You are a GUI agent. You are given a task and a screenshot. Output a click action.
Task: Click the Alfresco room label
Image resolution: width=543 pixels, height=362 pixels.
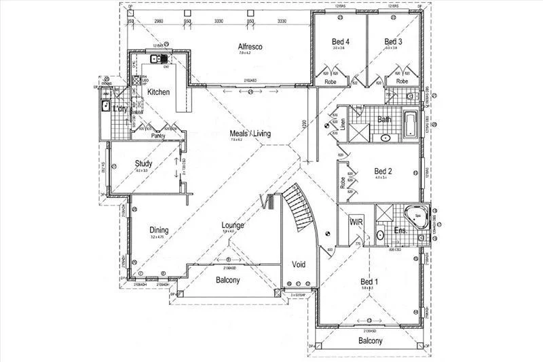(250, 47)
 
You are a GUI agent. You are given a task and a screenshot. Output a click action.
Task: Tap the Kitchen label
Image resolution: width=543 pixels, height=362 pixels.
(158, 92)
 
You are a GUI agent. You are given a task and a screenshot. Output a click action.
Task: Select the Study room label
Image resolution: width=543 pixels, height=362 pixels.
(143, 163)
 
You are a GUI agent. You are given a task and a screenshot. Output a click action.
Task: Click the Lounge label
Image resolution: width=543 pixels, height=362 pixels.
(233, 225)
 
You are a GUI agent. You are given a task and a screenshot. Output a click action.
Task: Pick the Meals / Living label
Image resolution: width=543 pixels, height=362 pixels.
(250, 134)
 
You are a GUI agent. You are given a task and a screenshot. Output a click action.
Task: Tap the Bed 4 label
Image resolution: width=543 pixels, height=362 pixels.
(339, 41)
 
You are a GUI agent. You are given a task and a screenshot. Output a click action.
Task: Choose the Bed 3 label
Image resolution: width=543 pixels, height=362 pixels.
(394, 41)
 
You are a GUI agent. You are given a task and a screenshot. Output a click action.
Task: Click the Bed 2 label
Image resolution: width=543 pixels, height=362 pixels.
(383, 171)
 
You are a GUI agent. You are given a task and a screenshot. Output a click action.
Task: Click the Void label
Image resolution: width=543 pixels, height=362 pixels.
(299, 264)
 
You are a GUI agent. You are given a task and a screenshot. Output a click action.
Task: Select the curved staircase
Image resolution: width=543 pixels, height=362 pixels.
(299, 207)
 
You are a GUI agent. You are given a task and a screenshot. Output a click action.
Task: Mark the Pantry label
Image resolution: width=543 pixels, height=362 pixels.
(158, 136)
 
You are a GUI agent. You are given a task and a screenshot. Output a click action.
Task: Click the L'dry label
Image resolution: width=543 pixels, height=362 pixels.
(120, 109)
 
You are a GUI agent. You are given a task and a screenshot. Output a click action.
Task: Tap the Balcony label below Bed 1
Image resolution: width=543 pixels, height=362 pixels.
(371, 341)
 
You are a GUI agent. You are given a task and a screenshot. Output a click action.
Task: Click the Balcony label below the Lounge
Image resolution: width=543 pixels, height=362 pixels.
(229, 280)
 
